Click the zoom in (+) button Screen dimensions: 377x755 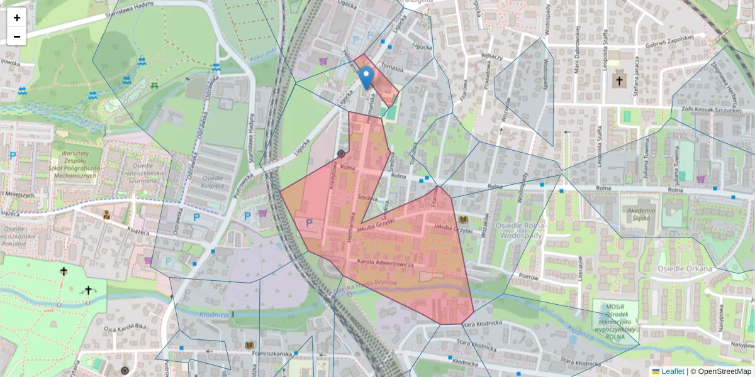(17, 18)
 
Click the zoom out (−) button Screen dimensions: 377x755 (17, 36)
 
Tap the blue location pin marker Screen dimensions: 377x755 (366, 79)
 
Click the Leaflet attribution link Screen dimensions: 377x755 (673, 371)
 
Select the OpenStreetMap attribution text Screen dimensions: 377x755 (723, 371)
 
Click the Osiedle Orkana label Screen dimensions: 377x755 (684, 269)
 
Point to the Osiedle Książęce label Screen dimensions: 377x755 (212, 182)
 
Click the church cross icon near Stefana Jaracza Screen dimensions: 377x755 (619, 80)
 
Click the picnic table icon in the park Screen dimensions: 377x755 (154, 85)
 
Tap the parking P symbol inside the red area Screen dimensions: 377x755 (309, 222)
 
